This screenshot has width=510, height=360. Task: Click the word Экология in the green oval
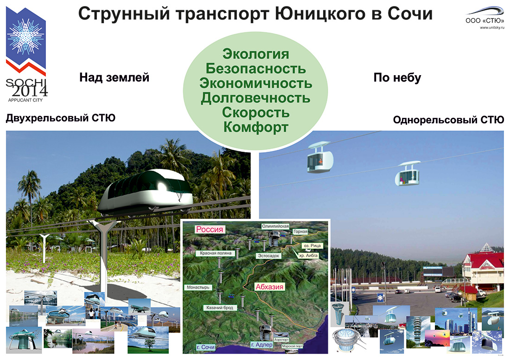coord(255,54)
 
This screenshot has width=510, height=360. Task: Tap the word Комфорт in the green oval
coord(255,127)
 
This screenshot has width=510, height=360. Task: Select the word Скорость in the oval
coord(255,112)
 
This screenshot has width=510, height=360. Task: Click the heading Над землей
coord(114,77)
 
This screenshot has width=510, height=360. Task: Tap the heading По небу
coord(397,77)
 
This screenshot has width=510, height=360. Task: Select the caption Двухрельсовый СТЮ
coord(60,118)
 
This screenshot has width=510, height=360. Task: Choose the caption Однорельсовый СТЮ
coord(448,120)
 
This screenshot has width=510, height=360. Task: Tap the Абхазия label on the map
coord(269,287)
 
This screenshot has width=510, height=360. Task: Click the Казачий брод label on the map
coord(220,308)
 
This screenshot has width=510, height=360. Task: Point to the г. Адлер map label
coord(262,345)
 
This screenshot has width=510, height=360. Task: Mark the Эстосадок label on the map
coord(269,256)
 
